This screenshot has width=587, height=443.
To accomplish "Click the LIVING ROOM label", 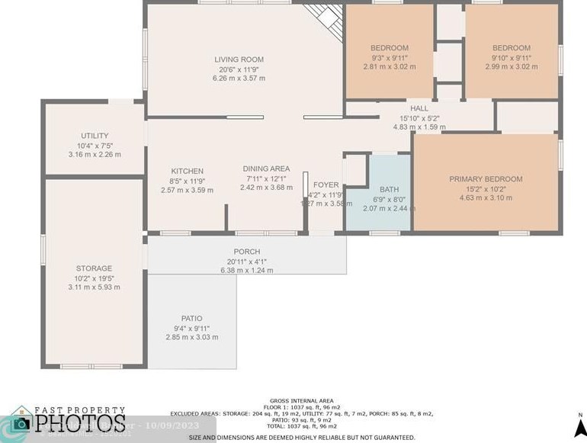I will pos(239,59).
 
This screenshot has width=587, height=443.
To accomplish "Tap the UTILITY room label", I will pos(95,136).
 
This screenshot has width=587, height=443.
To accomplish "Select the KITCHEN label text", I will pos(187,171).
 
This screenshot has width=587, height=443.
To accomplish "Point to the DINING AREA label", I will pos(266,169).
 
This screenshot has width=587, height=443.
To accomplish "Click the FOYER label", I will pos(326,185).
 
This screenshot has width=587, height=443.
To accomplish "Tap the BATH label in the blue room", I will pos(389,190).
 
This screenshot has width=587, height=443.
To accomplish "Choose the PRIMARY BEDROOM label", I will pos(486,179).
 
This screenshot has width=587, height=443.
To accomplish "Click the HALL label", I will pos(419,109).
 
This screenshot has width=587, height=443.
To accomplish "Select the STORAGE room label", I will pos(94,268).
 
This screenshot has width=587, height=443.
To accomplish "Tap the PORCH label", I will pos(246,252).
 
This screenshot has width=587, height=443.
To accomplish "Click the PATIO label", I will pos(191,319).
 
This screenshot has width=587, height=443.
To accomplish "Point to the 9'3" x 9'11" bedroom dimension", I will pos(390,57).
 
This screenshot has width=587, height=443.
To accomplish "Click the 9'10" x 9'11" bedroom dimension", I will pos(511,57).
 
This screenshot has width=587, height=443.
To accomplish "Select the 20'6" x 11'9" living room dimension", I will pos(239,69).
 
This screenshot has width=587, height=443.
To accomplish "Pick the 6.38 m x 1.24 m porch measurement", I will pos(246,270).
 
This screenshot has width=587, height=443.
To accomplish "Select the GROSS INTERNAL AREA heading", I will pos(301,400).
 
